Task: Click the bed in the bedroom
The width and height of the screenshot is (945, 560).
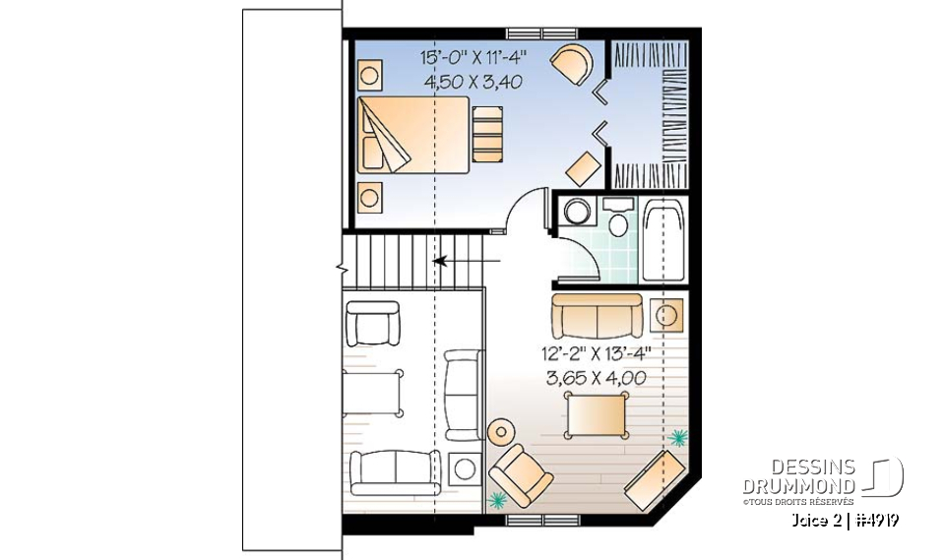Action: [412, 135]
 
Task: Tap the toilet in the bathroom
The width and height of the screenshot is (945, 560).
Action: [618, 220]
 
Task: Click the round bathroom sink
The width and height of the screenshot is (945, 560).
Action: [576, 212]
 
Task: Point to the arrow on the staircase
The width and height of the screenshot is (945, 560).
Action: [440, 262]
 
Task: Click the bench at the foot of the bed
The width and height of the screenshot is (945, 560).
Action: [486, 134]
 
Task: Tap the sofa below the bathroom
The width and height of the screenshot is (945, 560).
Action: [597, 315]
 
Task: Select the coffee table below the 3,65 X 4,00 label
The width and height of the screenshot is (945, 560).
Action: [594, 413]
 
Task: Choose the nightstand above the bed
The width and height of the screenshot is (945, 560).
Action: [369, 74]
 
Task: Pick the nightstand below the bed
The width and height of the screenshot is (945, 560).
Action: [369, 197]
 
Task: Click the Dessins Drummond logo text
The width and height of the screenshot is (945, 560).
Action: [798, 477]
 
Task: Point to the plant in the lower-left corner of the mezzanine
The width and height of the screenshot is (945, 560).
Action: [500, 499]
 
